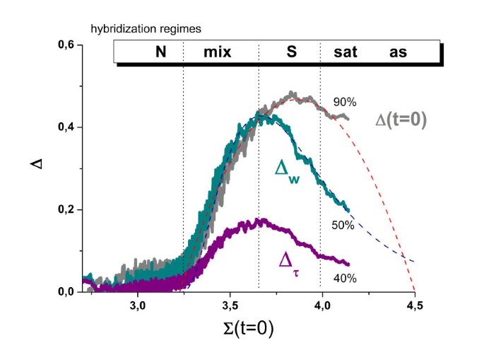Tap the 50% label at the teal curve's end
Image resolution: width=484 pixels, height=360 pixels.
pos(342,225)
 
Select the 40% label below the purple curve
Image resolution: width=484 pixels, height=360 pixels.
pos(345,278)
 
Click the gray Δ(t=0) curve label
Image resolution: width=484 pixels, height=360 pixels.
pos(401,121)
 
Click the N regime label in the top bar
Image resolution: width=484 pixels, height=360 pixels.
pos(160,52)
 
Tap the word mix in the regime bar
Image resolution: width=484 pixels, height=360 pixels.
pos(217,52)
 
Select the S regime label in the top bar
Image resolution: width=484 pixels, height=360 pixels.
pos(291,52)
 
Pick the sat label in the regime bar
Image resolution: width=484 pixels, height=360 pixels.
pos(339,52)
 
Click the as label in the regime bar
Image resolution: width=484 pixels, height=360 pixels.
pos(398,52)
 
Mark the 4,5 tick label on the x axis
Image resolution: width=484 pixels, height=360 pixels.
pos(414,306)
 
